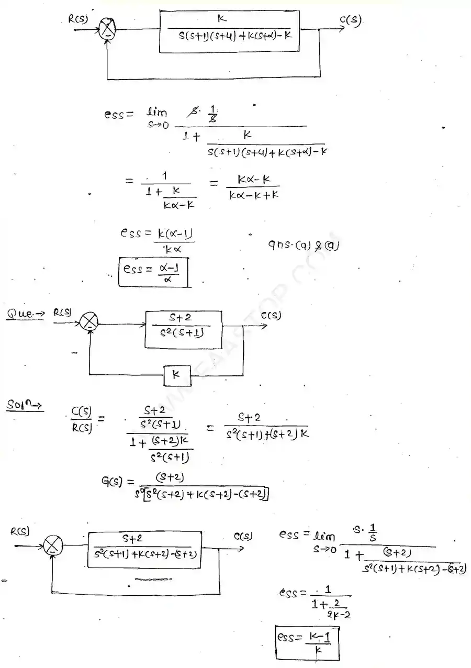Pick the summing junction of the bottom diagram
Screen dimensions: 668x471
click(52, 546)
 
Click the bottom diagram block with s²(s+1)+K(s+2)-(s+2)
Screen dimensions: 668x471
click(144, 549)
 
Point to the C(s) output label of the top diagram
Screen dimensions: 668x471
click(350, 21)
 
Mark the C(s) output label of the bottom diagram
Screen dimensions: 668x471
click(243, 537)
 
